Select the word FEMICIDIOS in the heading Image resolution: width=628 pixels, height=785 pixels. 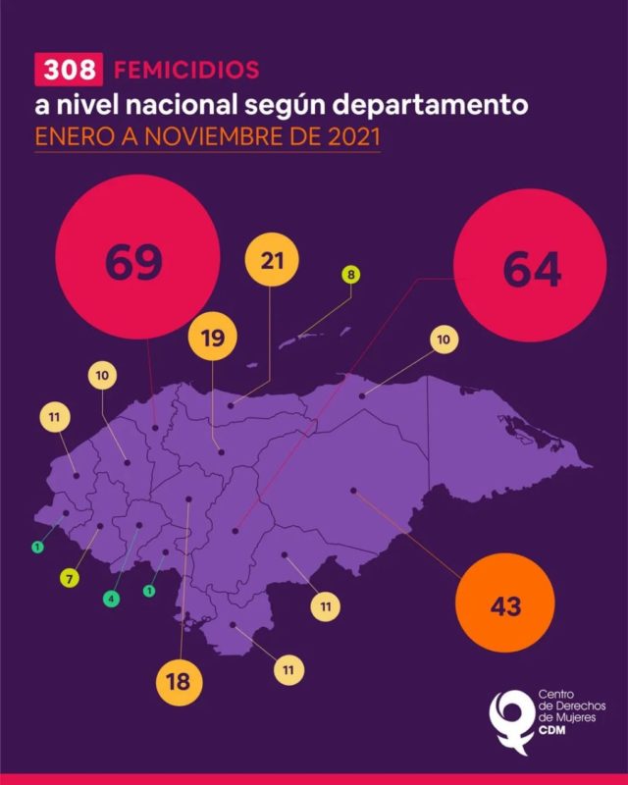pos(186,70)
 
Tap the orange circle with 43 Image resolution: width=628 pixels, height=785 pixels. pos(505,605)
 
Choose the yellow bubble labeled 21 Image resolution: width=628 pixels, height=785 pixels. pos(273,261)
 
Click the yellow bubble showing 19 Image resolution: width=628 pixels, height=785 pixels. pos(213,340)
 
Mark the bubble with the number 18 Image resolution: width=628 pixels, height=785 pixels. pos(179,680)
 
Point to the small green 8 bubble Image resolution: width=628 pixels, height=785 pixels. pos(350,275)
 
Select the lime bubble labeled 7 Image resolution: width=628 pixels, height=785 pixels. pos(69,578)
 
